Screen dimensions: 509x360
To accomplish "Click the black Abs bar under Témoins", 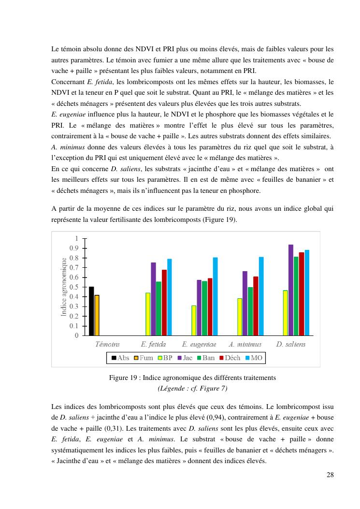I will [x=91, y=311].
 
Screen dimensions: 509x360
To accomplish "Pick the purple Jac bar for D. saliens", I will [x=291, y=290].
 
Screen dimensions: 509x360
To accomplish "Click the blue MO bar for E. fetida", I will [x=170, y=297].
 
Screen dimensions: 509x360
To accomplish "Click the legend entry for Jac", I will [x=185, y=358].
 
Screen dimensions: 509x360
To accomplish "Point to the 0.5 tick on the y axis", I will [x=73, y=287].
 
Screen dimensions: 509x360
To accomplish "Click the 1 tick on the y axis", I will [x=75, y=238].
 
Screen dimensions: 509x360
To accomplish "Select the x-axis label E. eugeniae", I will [x=199, y=345].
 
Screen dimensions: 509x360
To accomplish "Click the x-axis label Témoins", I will [x=107, y=345].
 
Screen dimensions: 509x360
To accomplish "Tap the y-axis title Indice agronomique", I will [x=63, y=287].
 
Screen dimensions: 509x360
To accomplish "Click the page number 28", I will [x=330, y=474].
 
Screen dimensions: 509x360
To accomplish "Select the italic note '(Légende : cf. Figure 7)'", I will [x=192, y=388].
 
